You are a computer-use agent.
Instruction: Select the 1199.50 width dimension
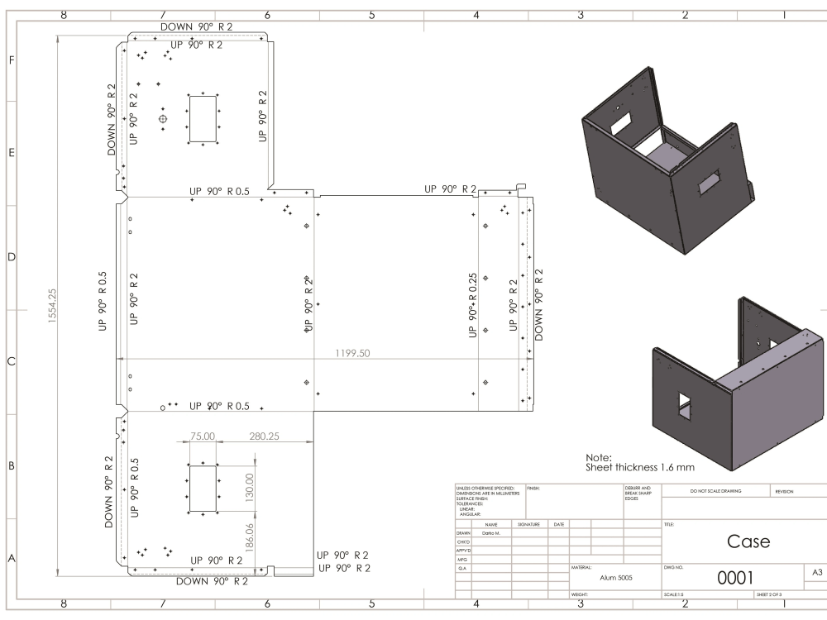click(x=352, y=353)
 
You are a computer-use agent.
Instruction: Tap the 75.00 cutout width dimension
click(x=203, y=436)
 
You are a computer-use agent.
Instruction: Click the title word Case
click(x=748, y=541)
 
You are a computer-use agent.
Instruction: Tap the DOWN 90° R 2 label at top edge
click(x=196, y=26)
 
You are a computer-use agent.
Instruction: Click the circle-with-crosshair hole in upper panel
click(x=163, y=119)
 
